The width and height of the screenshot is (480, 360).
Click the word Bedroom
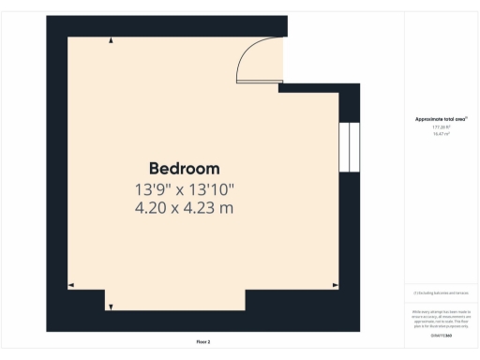[x=184, y=169]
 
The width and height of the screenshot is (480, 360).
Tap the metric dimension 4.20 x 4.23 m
[x=184, y=207]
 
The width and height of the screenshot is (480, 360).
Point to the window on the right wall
[x=349, y=146]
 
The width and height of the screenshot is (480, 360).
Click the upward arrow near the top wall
[x=112, y=40]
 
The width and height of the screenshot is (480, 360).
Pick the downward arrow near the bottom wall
[x=109, y=306]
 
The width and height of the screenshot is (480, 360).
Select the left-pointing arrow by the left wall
[x=71, y=284]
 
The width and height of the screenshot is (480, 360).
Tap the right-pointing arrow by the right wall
[x=336, y=284]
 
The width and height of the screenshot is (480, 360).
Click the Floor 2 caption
[x=203, y=342]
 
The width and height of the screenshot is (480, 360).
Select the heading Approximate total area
[x=441, y=119]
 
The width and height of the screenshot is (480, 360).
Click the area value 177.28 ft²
[x=441, y=127]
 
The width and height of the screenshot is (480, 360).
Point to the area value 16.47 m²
[x=441, y=135]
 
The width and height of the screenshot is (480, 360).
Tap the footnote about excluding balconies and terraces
[x=441, y=293]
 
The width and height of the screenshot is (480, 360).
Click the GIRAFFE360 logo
[x=441, y=335]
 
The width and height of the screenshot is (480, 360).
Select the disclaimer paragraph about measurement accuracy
[x=441, y=318]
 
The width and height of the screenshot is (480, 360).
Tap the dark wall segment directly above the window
[x=349, y=106]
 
